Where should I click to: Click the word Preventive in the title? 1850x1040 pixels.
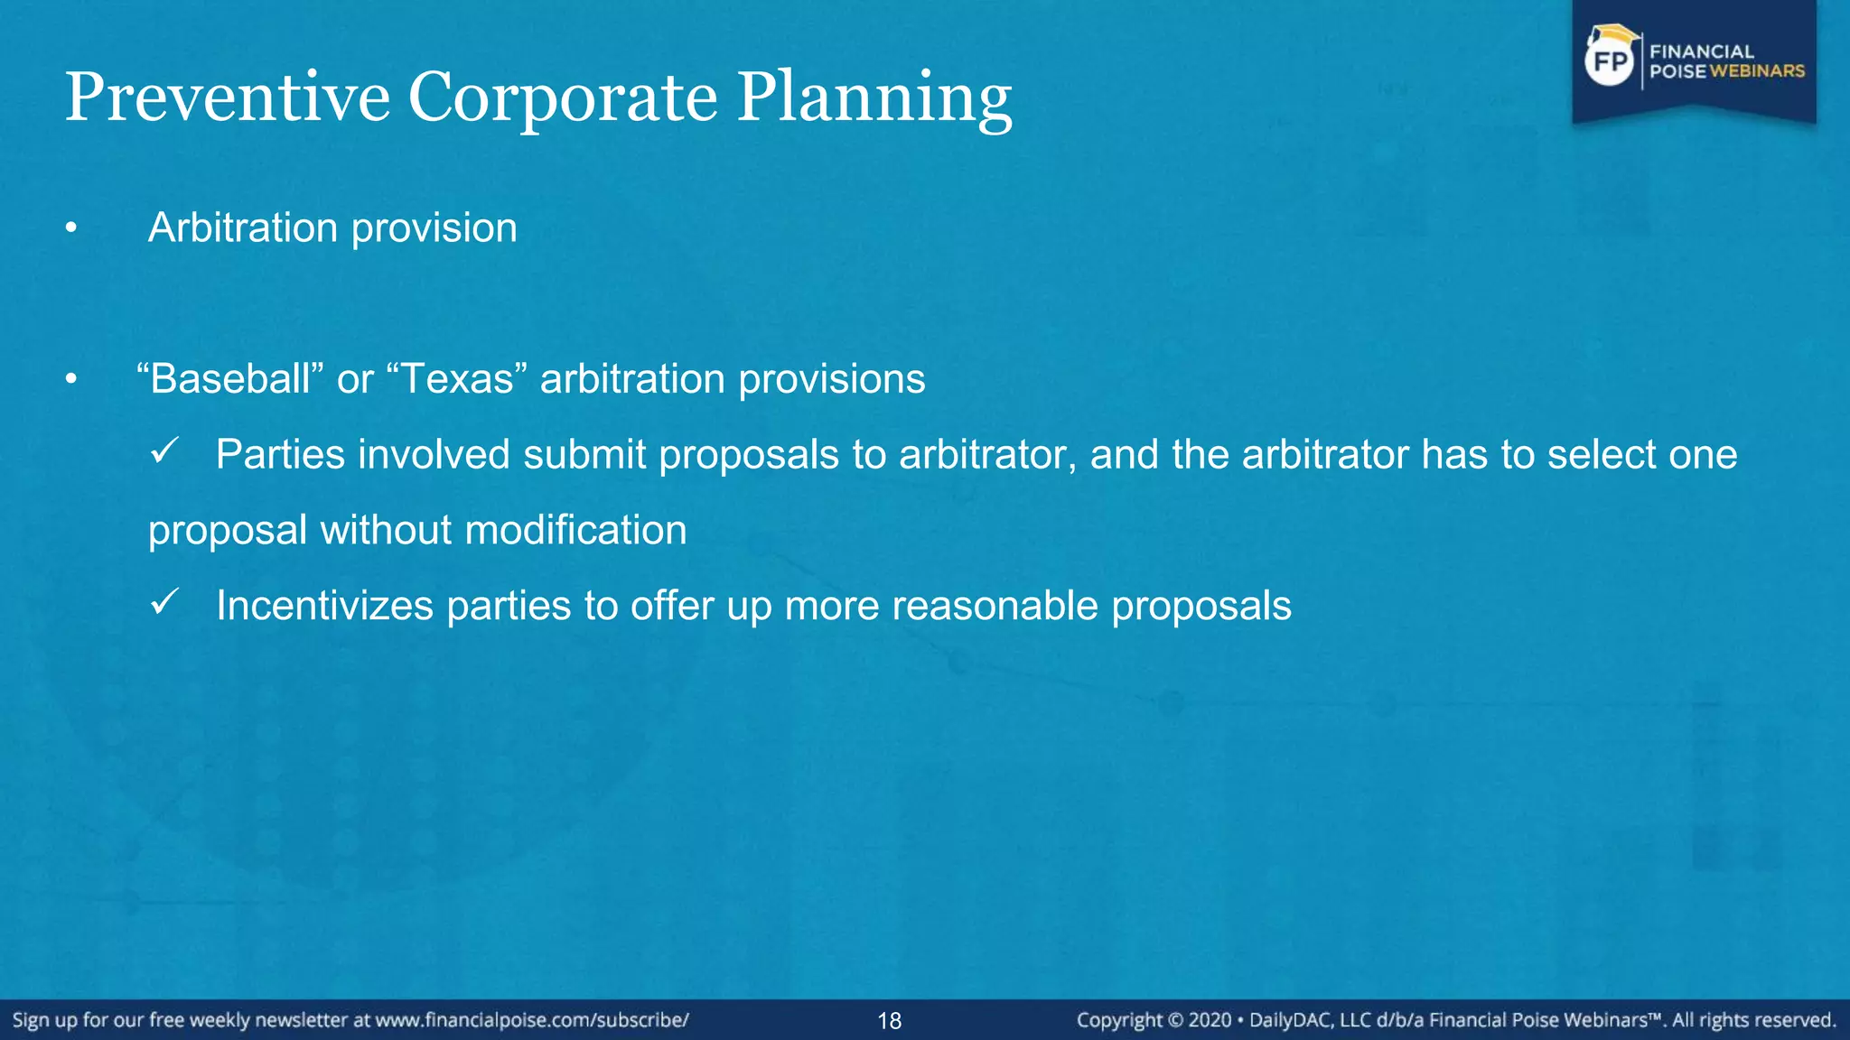(x=227, y=97)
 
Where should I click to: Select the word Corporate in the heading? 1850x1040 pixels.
(x=563, y=97)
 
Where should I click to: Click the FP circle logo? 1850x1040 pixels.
(x=1610, y=61)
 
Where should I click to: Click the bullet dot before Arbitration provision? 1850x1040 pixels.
(x=71, y=229)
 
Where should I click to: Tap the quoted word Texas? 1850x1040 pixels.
(x=456, y=378)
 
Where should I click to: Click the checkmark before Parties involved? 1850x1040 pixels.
(x=164, y=450)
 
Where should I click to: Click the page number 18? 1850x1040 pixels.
(x=889, y=1021)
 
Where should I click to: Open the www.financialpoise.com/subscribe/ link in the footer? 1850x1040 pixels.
(x=532, y=1020)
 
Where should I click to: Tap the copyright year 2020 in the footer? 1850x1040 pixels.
(x=1210, y=1020)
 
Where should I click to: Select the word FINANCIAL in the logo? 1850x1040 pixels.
(x=1702, y=51)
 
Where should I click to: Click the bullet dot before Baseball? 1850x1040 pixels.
(x=71, y=380)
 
